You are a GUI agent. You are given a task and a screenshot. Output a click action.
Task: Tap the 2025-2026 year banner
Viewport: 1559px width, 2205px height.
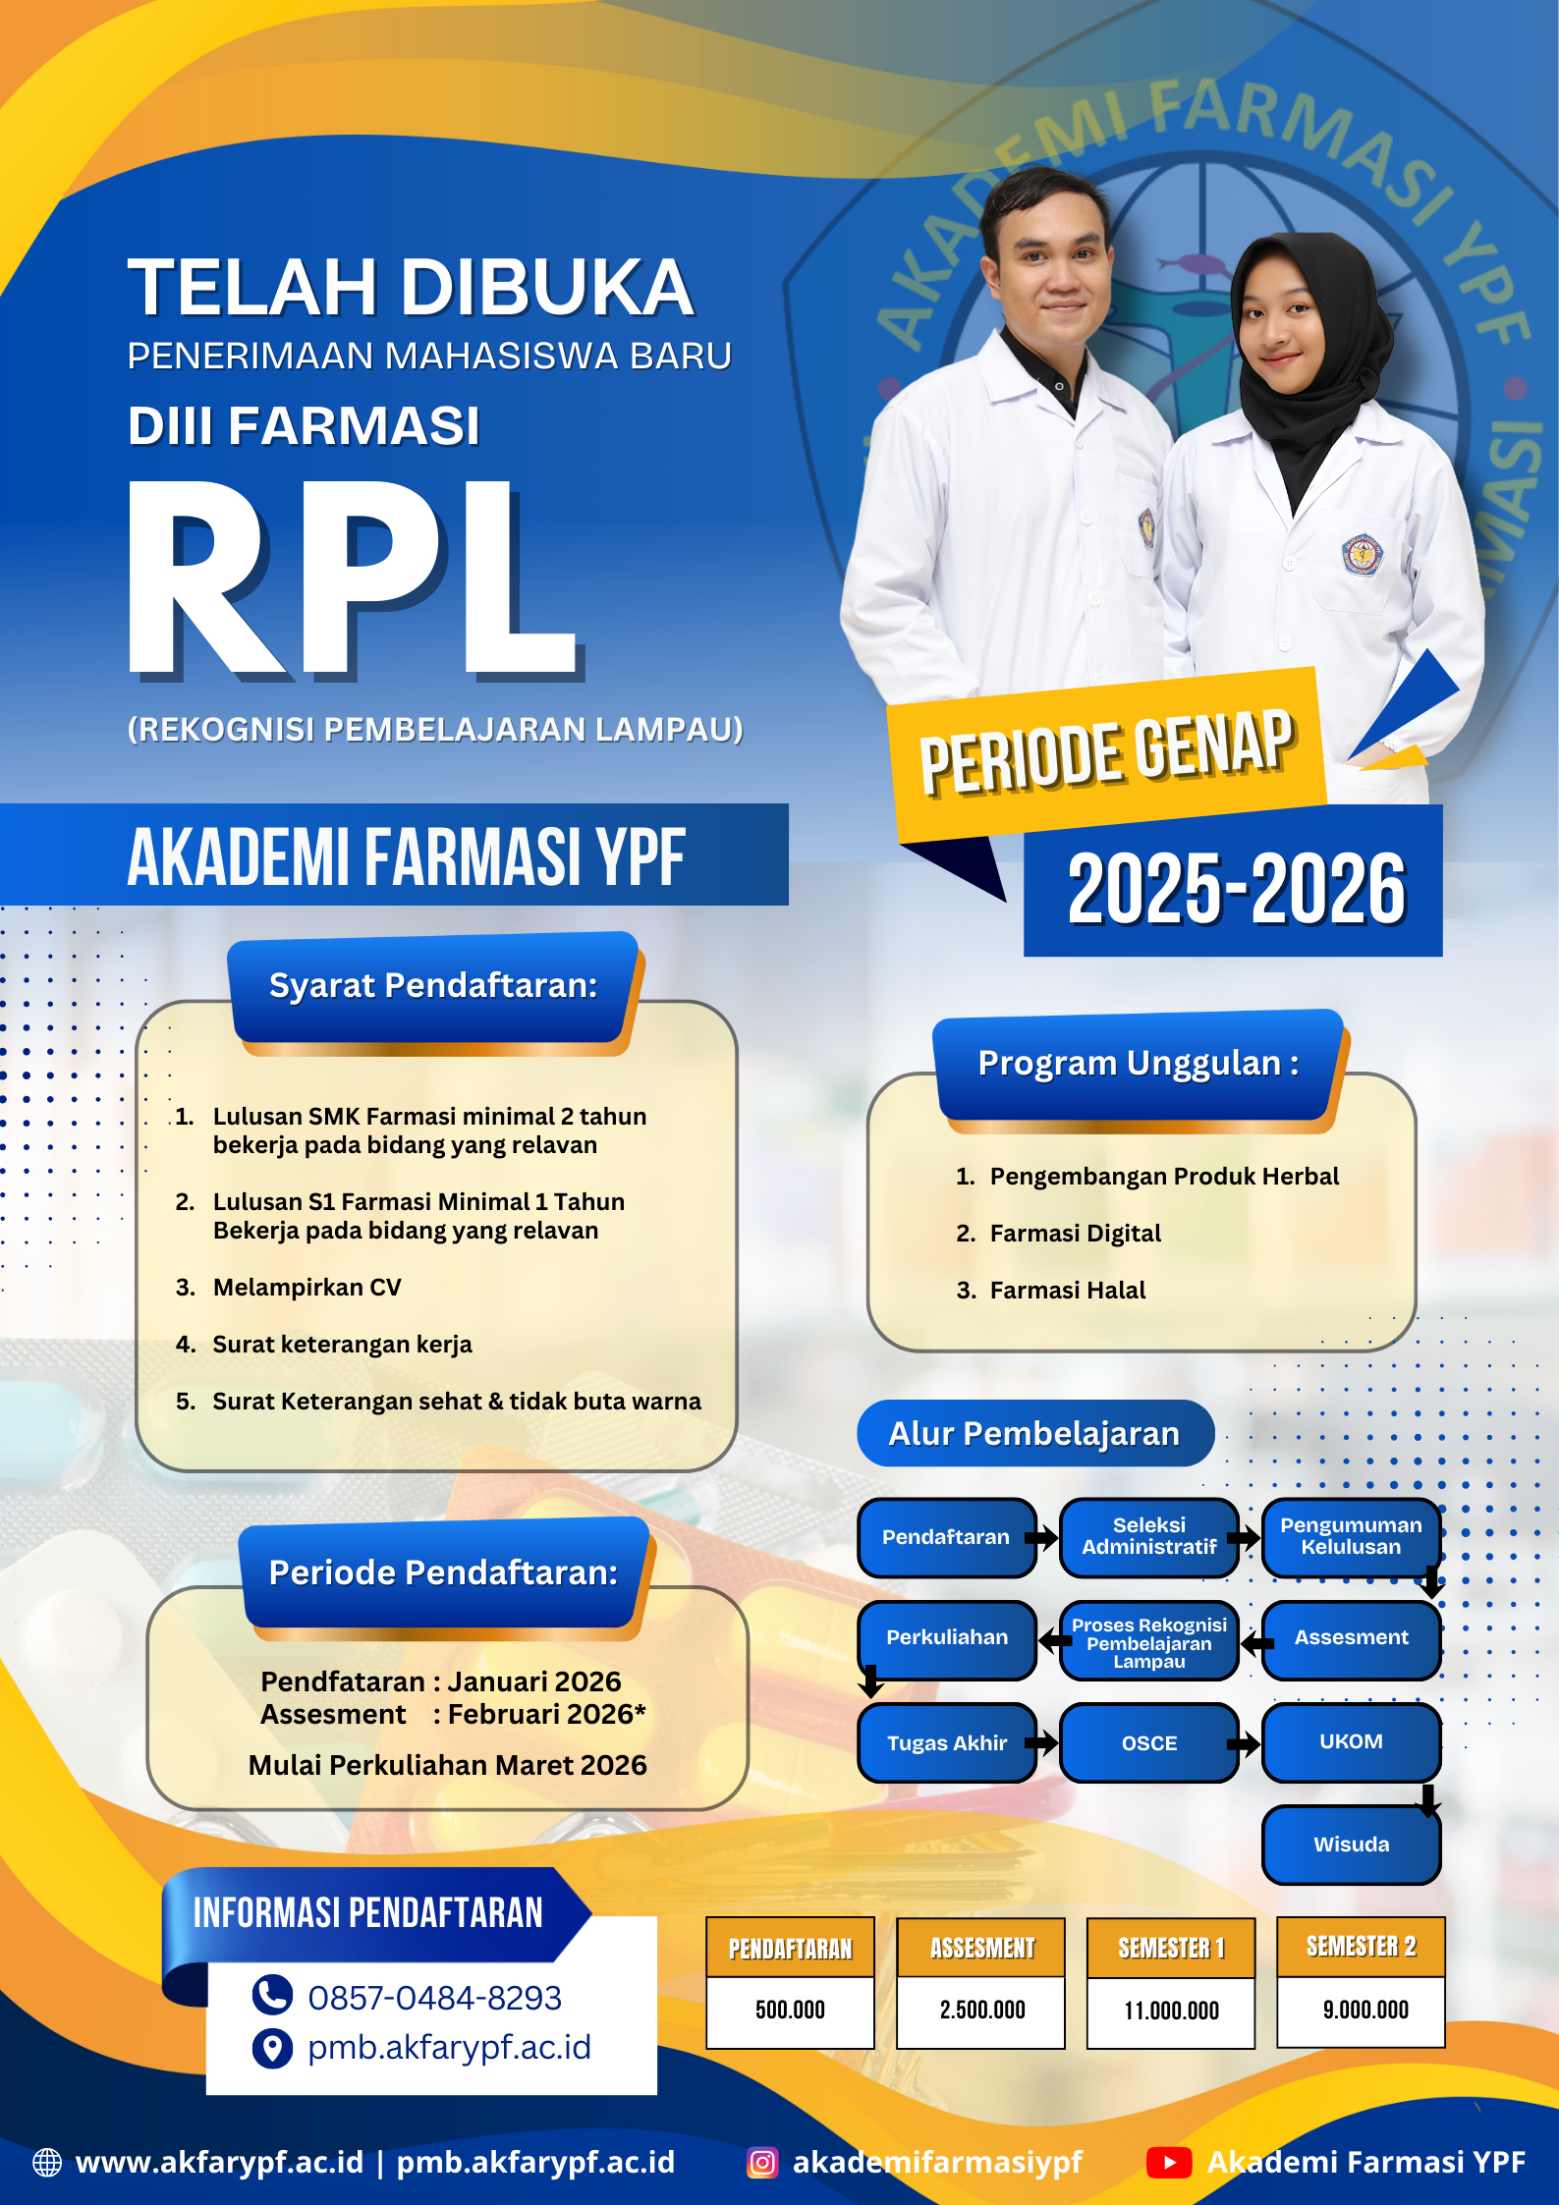[1235, 888]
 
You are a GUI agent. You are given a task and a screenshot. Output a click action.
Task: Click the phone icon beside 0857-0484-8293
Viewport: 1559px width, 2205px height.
[272, 1995]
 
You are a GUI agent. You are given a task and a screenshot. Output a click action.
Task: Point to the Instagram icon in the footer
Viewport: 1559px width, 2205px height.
[762, 2163]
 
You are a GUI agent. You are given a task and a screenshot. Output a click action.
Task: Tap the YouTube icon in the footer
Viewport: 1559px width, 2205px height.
[1168, 2163]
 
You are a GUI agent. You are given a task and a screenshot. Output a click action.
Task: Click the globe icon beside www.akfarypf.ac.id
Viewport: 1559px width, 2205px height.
[47, 2163]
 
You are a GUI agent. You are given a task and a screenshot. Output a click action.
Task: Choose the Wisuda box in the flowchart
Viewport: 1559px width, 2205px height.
[1351, 1845]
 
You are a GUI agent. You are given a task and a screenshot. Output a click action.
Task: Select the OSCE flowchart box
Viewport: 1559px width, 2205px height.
[1148, 1743]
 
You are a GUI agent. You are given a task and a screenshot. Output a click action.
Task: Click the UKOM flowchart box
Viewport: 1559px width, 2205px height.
[1351, 1741]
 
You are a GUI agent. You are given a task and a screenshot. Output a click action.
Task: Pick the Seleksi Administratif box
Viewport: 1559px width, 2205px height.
[1148, 1536]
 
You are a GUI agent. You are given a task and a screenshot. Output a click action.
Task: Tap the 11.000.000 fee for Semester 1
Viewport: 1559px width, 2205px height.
[1171, 2011]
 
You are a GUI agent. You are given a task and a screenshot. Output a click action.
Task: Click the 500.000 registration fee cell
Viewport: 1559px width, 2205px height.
[790, 2010]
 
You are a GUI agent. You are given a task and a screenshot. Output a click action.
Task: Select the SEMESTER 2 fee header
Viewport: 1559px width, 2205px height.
[1361, 1947]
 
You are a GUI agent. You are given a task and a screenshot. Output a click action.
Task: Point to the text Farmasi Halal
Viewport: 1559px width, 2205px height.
[1067, 1291]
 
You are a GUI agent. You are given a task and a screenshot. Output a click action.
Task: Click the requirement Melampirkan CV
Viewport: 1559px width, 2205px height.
[306, 1288]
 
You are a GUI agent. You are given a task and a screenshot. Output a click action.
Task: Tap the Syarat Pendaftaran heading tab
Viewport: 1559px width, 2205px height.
[433, 986]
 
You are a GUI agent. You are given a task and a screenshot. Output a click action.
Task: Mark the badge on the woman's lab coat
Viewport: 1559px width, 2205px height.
[1362, 554]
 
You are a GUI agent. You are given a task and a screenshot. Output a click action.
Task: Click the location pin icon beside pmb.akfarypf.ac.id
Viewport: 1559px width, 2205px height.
[272, 2048]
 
